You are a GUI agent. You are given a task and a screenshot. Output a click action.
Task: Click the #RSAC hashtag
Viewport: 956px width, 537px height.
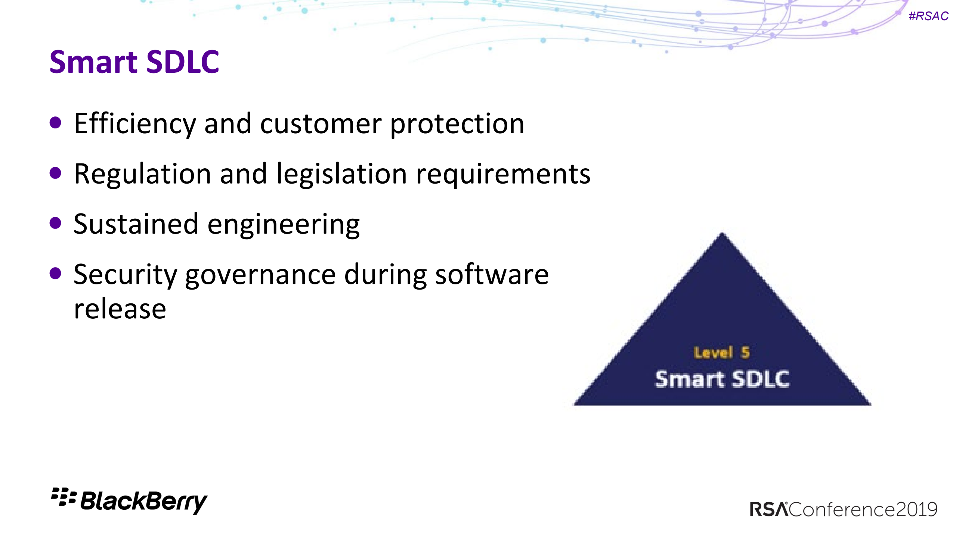pyautogui.click(x=928, y=16)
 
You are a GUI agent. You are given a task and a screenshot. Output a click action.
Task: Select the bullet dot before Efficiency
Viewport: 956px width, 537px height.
pyautogui.click(x=55, y=122)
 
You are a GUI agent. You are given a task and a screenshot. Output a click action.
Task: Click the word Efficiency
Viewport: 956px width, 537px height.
pyautogui.click(x=135, y=124)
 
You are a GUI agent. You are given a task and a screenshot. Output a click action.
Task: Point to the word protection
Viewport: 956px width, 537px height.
pyautogui.click(x=457, y=124)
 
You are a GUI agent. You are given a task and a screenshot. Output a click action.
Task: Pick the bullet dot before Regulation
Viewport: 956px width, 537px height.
pyautogui.click(x=55, y=173)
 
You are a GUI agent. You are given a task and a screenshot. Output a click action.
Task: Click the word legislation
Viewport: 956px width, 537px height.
pyautogui.click(x=341, y=174)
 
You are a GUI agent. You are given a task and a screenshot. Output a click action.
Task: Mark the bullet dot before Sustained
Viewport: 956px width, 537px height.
pyautogui.click(x=55, y=223)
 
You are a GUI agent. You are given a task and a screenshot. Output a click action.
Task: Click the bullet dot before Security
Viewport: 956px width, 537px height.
pyautogui.click(x=55, y=274)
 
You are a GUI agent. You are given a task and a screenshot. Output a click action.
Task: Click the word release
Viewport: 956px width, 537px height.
pyautogui.click(x=120, y=309)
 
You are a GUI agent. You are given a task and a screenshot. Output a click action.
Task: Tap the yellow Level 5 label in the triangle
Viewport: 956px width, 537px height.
pyautogui.click(x=721, y=353)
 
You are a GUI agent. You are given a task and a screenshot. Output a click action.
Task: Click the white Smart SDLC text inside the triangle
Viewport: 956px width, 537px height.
pyautogui.click(x=722, y=379)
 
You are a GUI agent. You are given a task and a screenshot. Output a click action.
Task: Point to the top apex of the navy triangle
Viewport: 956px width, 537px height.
pyautogui.click(x=722, y=232)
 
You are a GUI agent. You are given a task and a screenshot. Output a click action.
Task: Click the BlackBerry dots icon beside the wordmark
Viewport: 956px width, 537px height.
pyautogui.click(x=64, y=497)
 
